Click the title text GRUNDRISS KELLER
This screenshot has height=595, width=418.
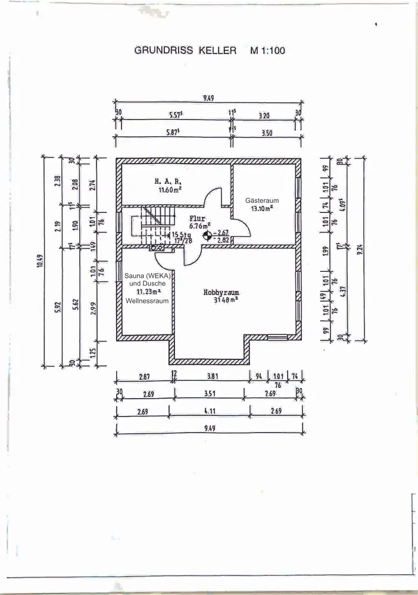tap(187, 51)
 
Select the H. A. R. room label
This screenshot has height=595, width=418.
tap(169, 180)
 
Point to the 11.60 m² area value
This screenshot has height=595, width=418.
tap(170, 190)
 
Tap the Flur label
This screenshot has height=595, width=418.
tap(197, 218)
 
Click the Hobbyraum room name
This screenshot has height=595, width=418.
tap(221, 292)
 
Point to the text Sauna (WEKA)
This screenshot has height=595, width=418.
tap(147, 275)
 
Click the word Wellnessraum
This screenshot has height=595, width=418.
tap(147, 301)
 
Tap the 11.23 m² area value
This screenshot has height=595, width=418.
tap(147, 292)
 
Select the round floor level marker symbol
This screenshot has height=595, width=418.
tap(207, 236)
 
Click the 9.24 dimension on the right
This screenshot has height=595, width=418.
tap(360, 249)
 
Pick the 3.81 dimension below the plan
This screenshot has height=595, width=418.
tap(213, 376)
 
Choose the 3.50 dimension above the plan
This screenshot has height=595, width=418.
tap(267, 134)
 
